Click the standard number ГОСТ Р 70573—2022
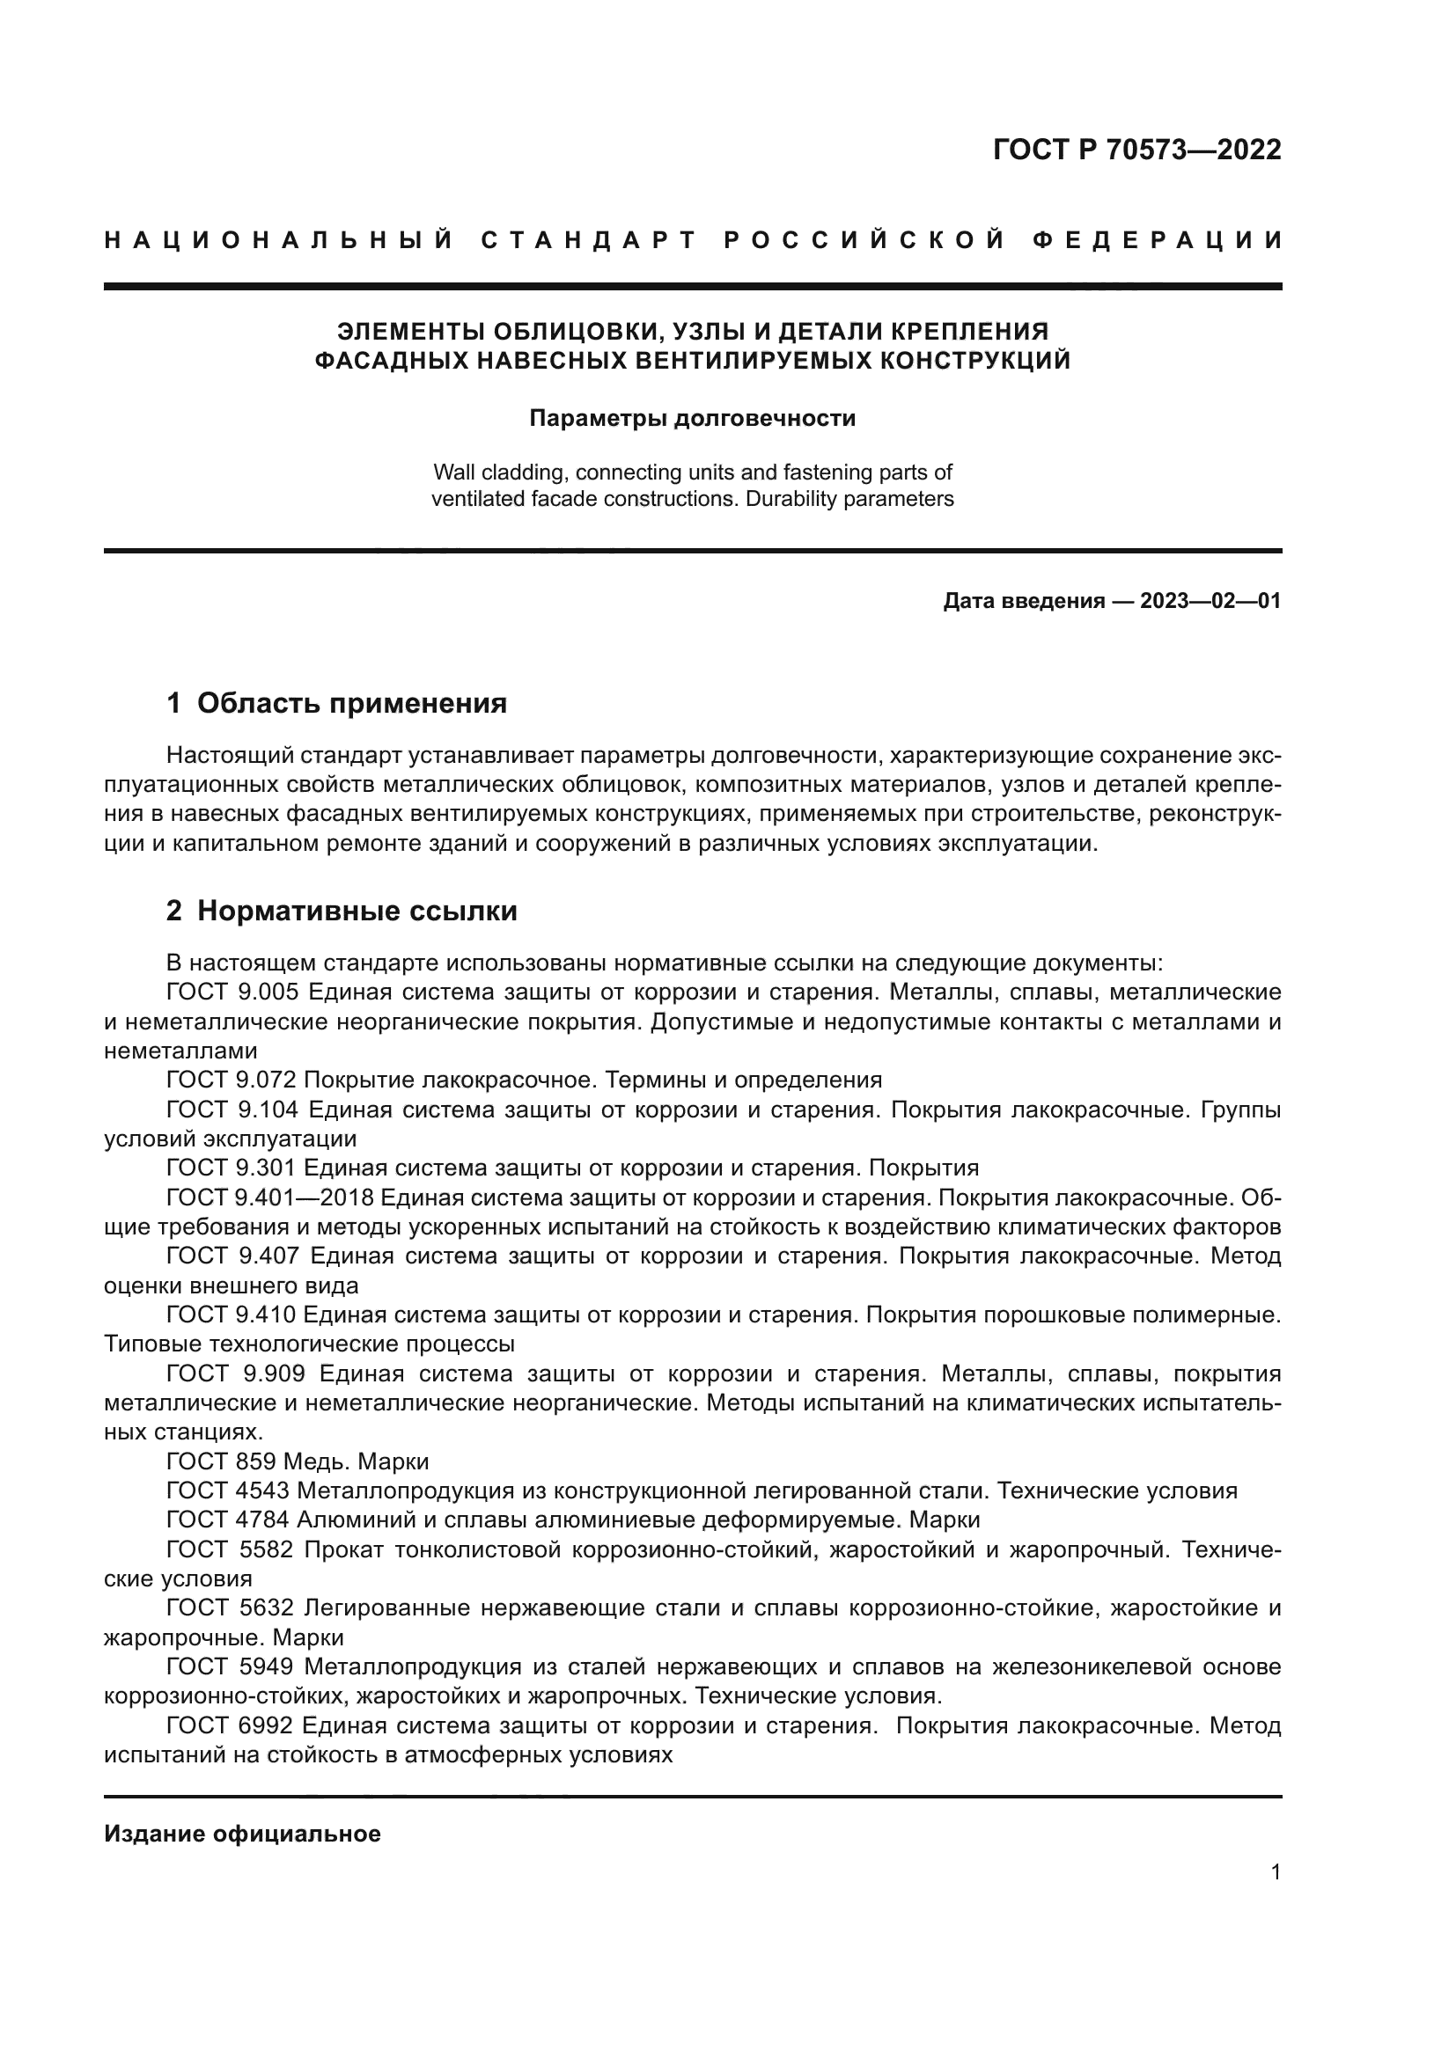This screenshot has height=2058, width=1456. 1136,150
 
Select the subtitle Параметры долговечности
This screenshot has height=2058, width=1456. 692,419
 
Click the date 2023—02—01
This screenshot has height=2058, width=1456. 1210,602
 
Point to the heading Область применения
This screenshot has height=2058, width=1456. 351,704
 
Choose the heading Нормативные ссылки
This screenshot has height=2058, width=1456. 357,912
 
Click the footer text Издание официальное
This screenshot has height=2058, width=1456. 242,1834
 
